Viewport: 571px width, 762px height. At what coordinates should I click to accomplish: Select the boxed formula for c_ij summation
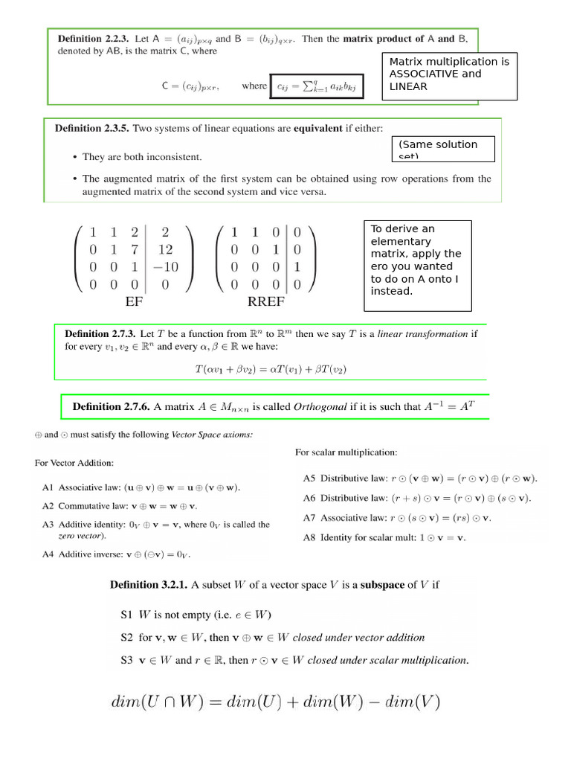coord(317,86)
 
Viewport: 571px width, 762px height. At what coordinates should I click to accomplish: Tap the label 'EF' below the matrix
coord(135,302)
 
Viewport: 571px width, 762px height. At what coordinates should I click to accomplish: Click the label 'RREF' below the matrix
coord(266,302)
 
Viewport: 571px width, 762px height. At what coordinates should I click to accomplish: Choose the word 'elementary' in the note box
coord(400,241)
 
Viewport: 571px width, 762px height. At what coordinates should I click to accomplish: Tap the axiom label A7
coord(309,517)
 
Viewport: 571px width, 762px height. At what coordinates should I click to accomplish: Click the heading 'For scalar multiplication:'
coord(346,452)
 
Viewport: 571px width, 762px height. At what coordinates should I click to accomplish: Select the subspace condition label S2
coord(126,637)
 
